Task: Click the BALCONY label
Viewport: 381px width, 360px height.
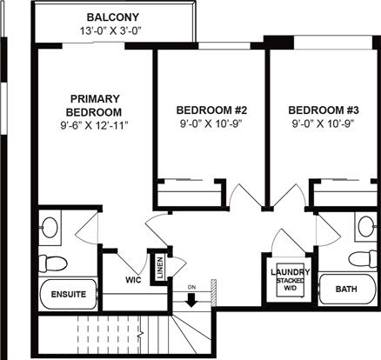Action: (113, 17)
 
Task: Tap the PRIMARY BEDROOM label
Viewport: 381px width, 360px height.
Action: (94, 105)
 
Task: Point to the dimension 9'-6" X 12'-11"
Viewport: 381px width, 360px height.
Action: (94, 125)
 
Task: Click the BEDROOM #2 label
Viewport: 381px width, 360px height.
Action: (211, 110)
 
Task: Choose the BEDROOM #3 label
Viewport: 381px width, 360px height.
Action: (324, 110)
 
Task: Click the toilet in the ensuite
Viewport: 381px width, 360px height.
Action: (53, 263)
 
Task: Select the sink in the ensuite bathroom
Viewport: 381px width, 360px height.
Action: (50, 225)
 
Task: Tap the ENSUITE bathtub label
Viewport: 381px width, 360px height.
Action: (69, 295)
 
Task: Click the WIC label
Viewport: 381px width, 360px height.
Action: (133, 280)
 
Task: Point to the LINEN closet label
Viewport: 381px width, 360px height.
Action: (160, 268)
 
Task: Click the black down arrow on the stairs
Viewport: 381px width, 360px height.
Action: (191, 300)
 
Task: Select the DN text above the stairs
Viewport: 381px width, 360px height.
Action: (191, 288)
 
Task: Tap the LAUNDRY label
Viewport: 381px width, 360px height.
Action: (291, 272)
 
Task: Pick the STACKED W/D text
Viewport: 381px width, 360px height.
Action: (291, 284)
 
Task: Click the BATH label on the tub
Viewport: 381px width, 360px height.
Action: (346, 289)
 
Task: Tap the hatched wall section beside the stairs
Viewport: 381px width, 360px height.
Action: (213, 292)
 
